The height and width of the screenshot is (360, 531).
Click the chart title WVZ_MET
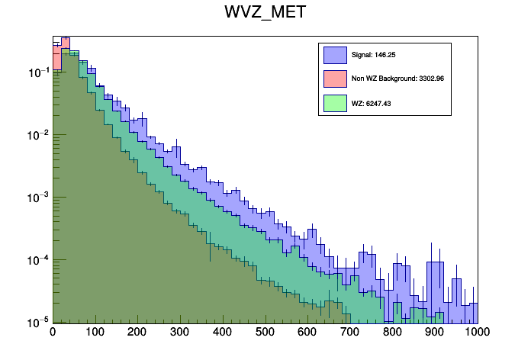(265, 14)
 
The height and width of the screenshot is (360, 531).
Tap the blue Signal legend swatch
(335, 55)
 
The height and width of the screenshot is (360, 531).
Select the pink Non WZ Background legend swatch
(335, 79)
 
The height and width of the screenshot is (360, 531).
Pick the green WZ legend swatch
(335, 102)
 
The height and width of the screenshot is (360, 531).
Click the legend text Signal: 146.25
(374, 55)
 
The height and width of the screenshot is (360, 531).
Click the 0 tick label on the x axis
(53, 333)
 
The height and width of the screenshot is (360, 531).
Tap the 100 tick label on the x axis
(95, 333)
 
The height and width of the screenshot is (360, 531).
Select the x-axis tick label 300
(180, 333)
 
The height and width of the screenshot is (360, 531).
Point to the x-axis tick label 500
(265, 333)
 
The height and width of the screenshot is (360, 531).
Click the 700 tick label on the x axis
(350, 333)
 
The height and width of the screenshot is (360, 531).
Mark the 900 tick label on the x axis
(435, 333)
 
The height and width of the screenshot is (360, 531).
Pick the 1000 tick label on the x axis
(476, 333)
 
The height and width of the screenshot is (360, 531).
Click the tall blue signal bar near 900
(435, 290)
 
